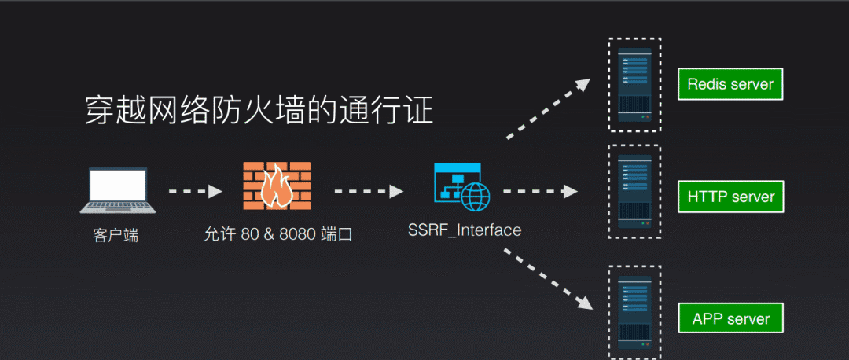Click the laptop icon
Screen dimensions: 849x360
117,190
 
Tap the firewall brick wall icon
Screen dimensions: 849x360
277,186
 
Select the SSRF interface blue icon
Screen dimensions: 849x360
462,187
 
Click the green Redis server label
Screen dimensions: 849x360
730,84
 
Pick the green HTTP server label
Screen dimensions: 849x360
730,197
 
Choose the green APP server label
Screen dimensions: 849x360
730,318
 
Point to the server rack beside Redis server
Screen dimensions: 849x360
634,84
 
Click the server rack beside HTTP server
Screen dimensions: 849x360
634,191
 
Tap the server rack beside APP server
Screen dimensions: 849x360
634,312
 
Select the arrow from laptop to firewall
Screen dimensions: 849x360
195,191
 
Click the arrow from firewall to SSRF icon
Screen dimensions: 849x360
369,191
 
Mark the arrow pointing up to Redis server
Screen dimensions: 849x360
548,108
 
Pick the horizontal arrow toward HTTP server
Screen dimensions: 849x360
540,191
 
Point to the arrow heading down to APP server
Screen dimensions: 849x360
548,279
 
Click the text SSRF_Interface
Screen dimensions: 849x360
465,230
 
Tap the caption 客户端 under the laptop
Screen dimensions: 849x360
116,236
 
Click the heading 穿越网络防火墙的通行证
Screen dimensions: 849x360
259,111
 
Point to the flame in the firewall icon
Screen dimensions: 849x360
276,187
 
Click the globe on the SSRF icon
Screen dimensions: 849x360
476,196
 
